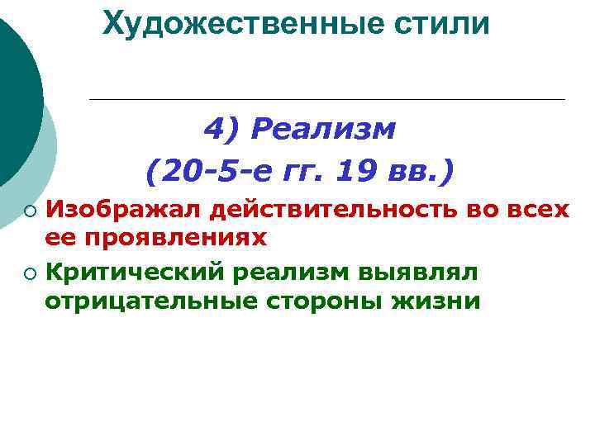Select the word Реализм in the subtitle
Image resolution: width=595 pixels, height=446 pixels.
click(324, 130)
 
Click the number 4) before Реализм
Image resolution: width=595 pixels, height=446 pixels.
click(221, 130)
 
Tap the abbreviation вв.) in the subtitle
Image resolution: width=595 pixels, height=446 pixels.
click(422, 173)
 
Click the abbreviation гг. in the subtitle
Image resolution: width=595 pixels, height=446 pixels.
click(298, 173)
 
